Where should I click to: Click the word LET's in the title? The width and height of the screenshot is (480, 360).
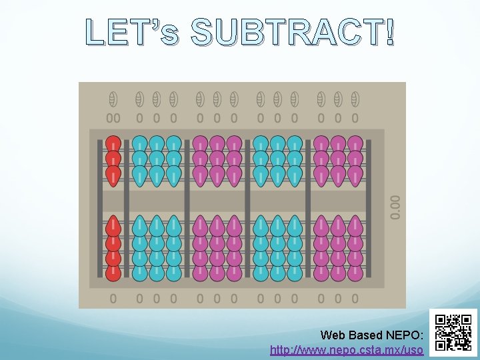click(132, 33)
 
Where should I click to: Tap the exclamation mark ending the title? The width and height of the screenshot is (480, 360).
click(389, 32)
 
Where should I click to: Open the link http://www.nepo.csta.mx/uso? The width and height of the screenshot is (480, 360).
click(347, 349)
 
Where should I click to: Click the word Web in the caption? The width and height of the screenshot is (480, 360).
click(333, 335)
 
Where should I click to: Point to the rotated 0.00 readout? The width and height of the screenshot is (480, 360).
click(396, 207)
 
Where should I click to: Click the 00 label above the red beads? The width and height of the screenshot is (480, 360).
click(113, 118)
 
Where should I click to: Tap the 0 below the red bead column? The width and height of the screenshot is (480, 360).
click(113, 299)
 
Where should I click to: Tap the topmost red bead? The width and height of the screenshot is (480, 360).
click(113, 144)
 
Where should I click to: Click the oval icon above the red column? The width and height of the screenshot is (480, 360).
click(113, 99)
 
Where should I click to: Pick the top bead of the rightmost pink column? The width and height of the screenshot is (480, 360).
click(355, 144)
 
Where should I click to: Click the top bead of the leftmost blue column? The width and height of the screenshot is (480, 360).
click(139, 144)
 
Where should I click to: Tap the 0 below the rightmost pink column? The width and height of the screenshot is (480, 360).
click(355, 299)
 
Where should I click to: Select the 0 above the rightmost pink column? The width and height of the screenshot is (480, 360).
click(355, 118)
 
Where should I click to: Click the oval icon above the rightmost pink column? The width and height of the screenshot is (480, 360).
click(355, 99)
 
